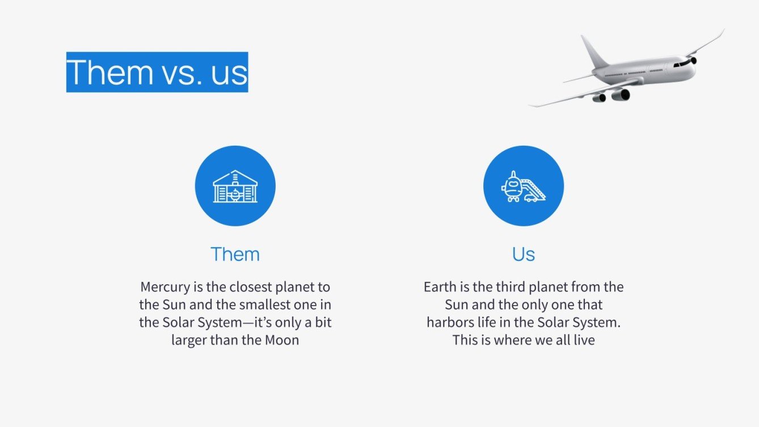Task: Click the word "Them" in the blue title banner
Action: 110,72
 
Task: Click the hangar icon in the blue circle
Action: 235,186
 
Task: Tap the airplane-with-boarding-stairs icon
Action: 524,186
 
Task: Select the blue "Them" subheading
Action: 235,254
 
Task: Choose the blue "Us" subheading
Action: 524,254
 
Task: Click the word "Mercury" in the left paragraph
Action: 165,288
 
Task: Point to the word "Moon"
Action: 282,340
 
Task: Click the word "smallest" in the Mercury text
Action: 260,305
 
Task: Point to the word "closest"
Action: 251,287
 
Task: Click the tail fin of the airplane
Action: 594,52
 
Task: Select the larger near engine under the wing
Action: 621,95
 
